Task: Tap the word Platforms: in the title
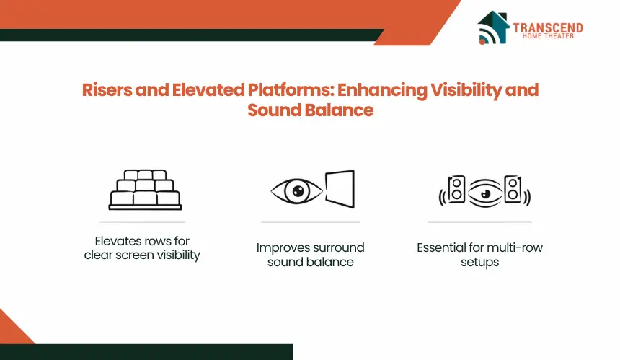[x=291, y=90]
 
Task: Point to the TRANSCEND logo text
[x=548, y=27]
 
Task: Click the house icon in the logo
[x=492, y=27]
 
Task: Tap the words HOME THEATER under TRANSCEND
[x=548, y=36]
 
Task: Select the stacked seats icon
[x=145, y=190]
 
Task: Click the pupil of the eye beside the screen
[x=298, y=191]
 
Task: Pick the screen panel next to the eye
[x=340, y=189]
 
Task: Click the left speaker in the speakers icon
[x=456, y=190]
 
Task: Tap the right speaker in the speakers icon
[x=513, y=190]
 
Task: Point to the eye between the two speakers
[x=485, y=193]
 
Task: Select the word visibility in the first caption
[x=178, y=255]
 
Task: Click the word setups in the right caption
[x=479, y=263]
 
